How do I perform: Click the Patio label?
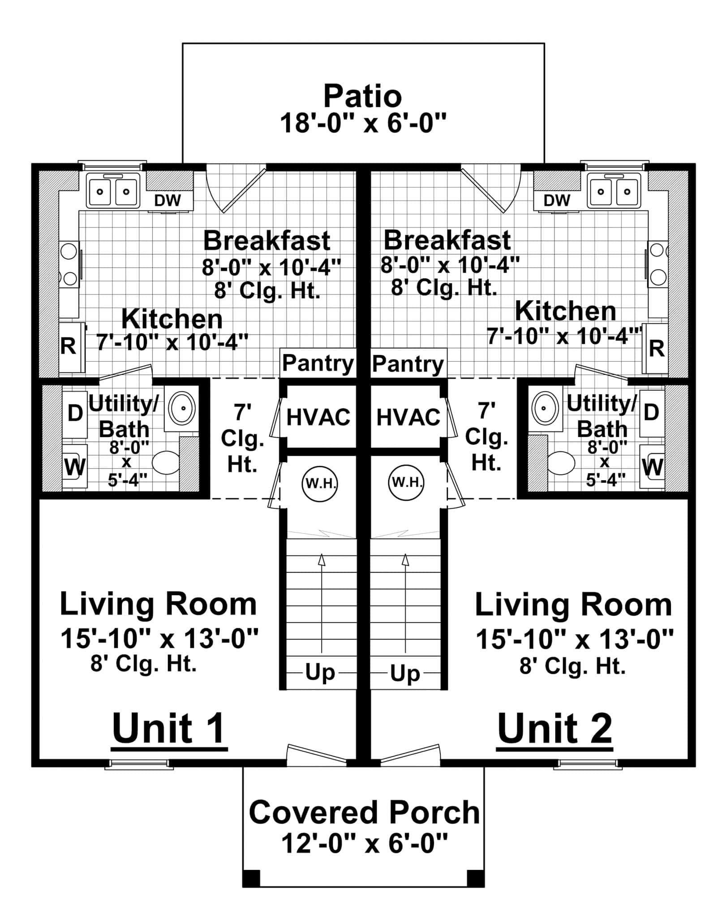363,96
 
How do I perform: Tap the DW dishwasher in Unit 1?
167,200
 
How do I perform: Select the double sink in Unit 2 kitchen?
614,192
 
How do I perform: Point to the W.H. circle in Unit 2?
406,483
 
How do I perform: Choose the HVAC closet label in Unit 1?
318,417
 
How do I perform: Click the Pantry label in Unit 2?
408,364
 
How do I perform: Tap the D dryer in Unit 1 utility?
74,413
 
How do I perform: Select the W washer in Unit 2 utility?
652,468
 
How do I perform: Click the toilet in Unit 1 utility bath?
166,462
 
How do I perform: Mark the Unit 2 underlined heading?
554,729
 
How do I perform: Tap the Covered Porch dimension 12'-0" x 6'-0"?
364,844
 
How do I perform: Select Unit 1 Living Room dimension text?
159,638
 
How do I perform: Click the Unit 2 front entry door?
410,754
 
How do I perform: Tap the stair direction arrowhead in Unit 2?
406,560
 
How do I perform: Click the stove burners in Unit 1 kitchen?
69,264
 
